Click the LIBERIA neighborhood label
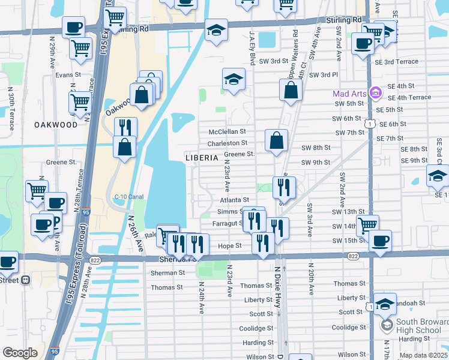pyautogui.click(x=201, y=157)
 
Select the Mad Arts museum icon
pyautogui.click(x=376, y=93)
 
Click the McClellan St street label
pyautogui.click(x=228, y=131)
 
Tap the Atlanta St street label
pyautogui.click(x=234, y=200)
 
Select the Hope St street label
pyautogui.click(x=229, y=245)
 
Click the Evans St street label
pyautogui.click(x=68, y=75)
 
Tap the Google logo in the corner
pyautogui.click(x=20, y=353)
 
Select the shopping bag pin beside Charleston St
pyautogui.click(x=276, y=142)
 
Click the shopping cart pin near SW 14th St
pyautogui.click(x=367, y=226)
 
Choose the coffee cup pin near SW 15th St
pyautogui.click(x=380, y=241)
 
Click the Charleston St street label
pyautogui.click(x=228, y=143)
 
